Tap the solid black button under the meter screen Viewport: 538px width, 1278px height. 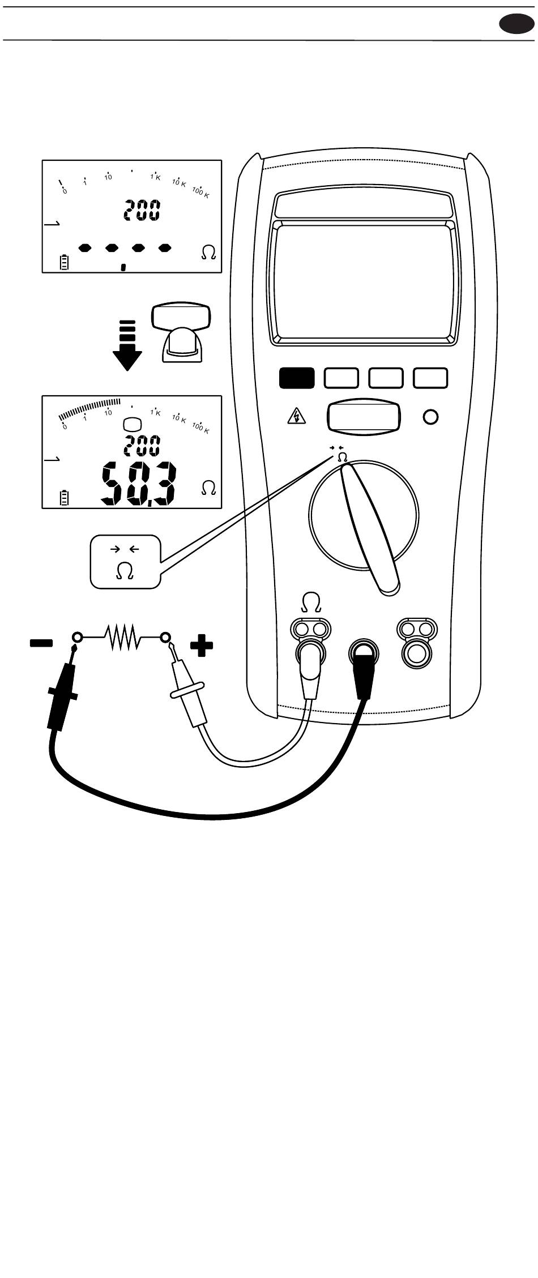coord(296,378)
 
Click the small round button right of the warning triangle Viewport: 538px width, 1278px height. coord(431,418)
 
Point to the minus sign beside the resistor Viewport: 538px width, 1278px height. coord(41,643)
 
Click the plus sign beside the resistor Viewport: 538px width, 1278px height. coord(202,646)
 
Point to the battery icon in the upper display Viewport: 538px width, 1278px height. coord(65,262)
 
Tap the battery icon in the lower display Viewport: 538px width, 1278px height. coord(65,498)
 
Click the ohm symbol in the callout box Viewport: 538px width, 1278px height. coord(125,571)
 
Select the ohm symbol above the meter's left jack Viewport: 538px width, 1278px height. coord(310,602)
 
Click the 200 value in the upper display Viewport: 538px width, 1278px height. coord(142,211)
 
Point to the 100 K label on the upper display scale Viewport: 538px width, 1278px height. coord(200,192)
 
